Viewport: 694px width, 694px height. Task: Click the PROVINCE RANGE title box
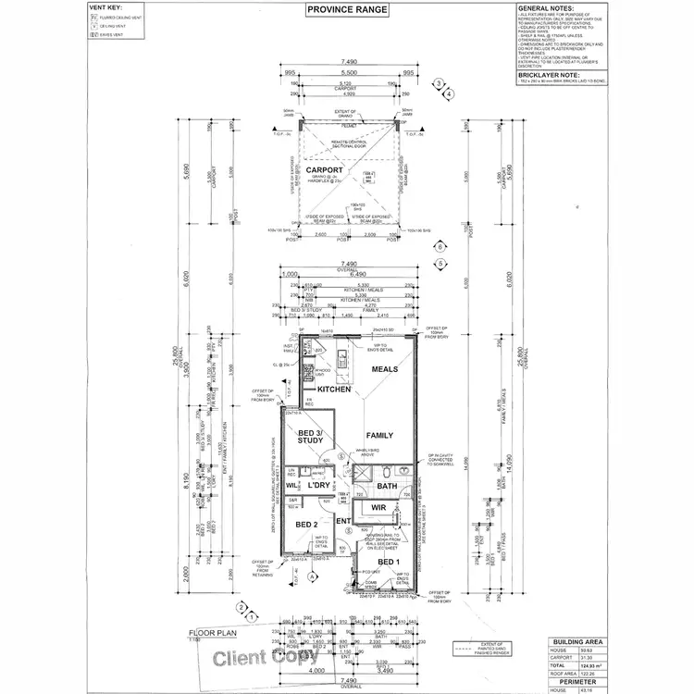pyautogui.click(x=347, y=10)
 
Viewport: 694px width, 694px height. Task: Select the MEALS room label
pyautogui.click(x=384, y=369)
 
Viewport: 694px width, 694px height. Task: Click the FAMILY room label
pyautogui.click(x=379, y=435)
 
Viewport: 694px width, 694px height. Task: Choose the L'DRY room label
pyautogui.click(x=320, y=485)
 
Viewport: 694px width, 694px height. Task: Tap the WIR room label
pyautogui.click(x=378, y=508)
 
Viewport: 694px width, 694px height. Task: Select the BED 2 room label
pyautogui.click(x=306, y=525)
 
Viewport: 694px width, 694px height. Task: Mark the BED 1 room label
pyautogui.click(x=390, y=563)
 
